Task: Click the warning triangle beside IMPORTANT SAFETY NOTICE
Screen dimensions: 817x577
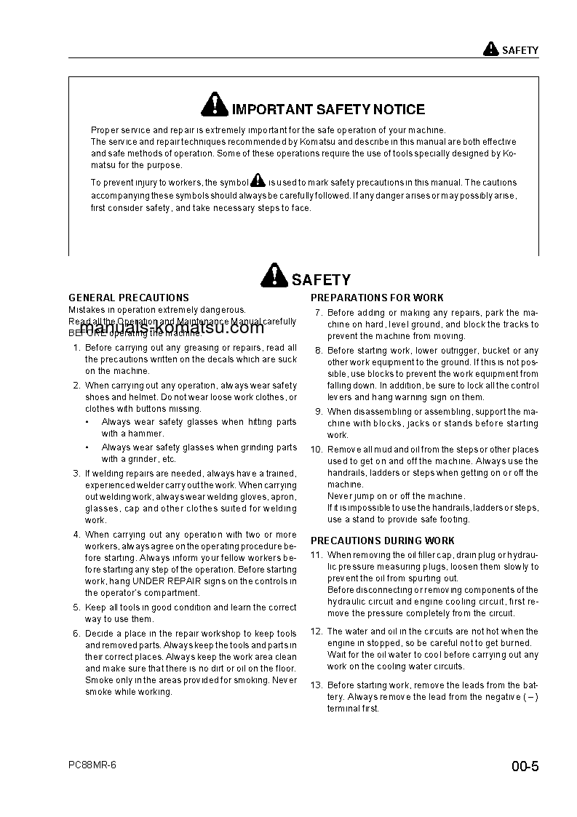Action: coord(215,106)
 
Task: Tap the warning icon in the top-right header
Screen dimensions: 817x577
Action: coord(490,49)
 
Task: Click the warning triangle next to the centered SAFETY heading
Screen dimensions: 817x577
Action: coord(274,276)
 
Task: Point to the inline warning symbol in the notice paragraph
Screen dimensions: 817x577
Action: coord(258,181)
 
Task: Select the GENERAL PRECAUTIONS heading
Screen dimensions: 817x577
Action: coord(129,298)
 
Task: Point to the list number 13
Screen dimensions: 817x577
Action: coord(316,685)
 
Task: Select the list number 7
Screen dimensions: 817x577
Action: coord(318,313)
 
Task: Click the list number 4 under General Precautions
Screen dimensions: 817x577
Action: coord(76,535)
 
